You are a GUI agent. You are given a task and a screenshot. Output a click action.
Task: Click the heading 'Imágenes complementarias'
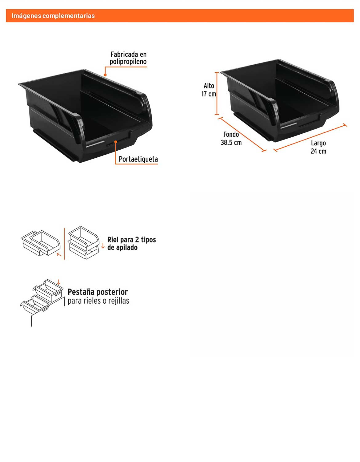[53, 16]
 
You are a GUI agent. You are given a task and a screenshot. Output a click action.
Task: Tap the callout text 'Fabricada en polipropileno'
[128, 58]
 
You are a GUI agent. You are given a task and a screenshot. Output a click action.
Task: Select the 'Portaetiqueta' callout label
[138, 159]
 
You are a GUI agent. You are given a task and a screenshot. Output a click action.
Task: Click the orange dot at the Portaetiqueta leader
[116, 142]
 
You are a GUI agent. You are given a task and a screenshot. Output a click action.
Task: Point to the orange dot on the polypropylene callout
[105, 75]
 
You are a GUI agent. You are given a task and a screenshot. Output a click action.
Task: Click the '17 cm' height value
[209, 94]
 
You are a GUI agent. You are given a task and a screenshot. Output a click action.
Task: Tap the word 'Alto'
[209, 86]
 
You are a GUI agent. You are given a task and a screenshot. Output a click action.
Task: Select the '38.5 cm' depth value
[231, 142]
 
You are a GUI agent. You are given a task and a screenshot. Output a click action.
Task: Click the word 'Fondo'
[231, 134]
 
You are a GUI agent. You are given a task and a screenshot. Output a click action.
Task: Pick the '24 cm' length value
[318, 151]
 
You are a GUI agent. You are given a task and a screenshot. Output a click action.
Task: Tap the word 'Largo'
[318, 143]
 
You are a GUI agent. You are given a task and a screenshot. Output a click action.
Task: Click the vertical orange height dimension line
[217, 94]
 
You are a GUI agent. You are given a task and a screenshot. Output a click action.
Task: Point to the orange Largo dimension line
[310, 138]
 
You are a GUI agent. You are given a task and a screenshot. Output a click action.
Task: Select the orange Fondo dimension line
[242, 134]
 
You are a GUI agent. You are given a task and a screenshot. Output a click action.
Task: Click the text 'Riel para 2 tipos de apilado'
[131, 243]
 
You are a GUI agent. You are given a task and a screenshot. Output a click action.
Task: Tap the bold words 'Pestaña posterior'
[98, 292]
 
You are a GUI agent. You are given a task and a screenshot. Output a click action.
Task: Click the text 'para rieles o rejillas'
[98, 301]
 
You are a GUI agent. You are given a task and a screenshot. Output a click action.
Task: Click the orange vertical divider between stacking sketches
[64, 244]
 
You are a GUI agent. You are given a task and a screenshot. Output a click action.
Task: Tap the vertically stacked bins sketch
[84, 243]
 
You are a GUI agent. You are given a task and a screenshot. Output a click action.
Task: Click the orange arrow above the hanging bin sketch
[59, 282]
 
